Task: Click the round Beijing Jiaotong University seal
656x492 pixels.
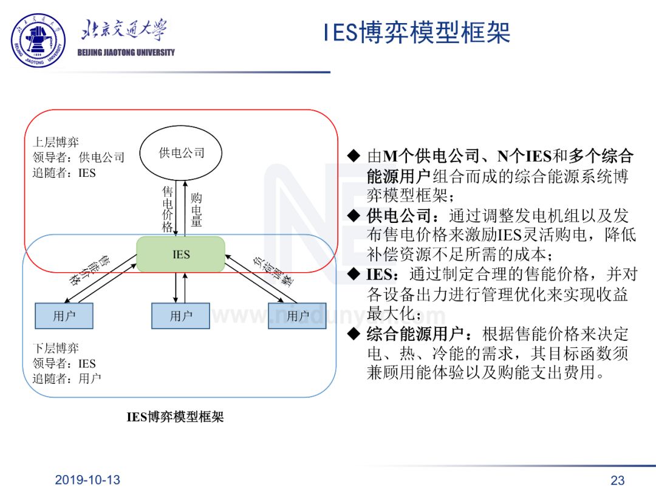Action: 38,40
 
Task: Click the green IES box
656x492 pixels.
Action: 181,254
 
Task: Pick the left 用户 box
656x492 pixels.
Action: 64,316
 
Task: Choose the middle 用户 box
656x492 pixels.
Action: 180,316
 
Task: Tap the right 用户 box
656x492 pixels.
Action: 297,316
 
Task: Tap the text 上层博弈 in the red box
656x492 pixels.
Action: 55,143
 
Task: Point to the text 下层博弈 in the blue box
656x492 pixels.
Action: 55,349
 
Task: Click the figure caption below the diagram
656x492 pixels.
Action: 175,417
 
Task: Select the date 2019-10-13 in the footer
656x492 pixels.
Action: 87,480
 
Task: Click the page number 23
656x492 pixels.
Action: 617,480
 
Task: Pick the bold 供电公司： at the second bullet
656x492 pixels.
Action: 406,216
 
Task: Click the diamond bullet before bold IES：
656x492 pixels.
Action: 354,275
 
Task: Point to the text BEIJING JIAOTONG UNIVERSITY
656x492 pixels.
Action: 126,52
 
